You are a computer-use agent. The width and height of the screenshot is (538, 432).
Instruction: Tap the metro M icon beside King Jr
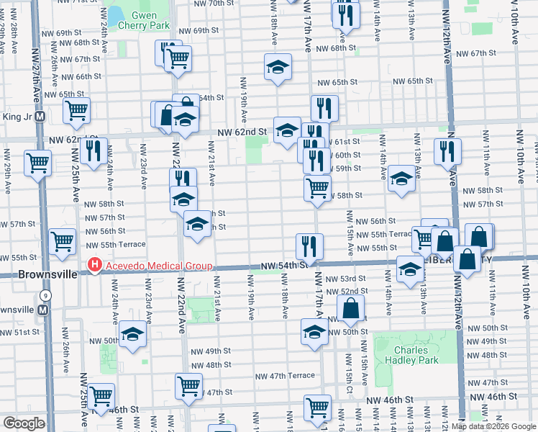(x=40, y=116)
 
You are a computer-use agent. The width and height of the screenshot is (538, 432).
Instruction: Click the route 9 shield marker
(x=46, y=294)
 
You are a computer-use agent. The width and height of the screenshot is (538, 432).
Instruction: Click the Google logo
(x=24, y=423)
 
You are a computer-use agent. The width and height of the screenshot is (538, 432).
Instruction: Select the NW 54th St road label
(x=284, y=266)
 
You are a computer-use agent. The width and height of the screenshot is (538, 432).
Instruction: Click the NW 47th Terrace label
(x=285, y=376)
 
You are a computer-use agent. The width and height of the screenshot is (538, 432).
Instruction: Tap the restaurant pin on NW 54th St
(x=310, y=246)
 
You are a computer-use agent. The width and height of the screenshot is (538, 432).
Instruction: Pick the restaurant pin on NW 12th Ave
(x=447, y=150)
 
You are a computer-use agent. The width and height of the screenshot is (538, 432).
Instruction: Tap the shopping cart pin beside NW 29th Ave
(x=37, y=162)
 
